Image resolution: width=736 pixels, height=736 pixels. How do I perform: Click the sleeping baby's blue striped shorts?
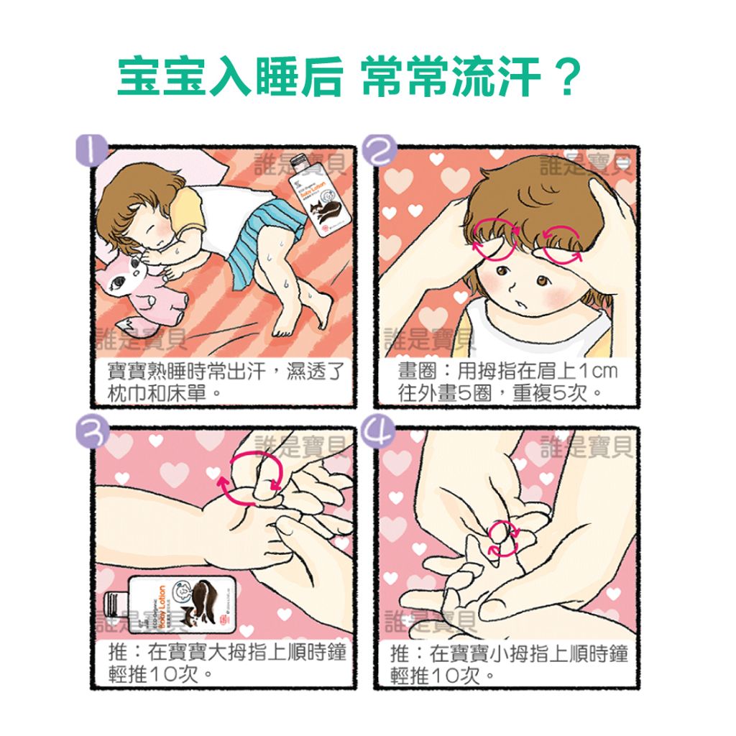pyautogui.click(x=262, y=236)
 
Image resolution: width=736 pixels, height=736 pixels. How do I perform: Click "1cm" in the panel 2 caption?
pyautogui.click(x=599, y=372)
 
